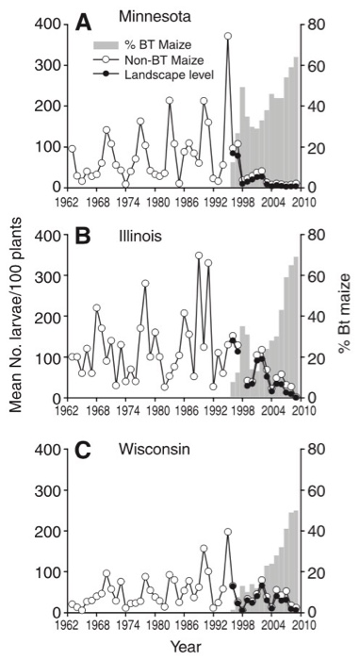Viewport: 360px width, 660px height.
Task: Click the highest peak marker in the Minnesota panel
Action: point(227,37)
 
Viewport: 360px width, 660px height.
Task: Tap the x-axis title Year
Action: point(178,647)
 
